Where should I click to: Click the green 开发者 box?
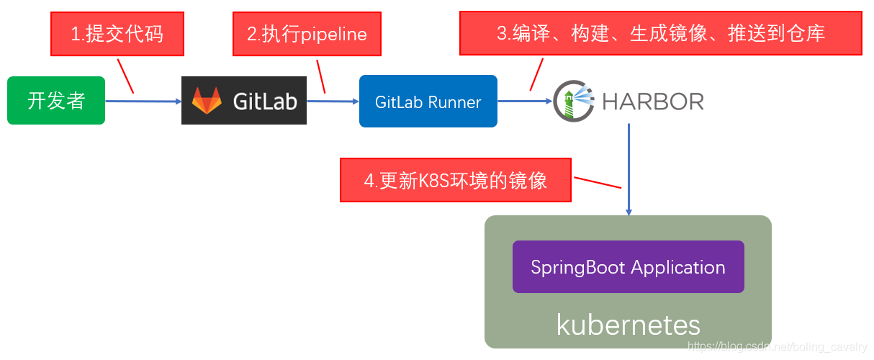coord(56,101)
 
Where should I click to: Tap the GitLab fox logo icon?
coord(207,102)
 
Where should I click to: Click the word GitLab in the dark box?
coord(265,102)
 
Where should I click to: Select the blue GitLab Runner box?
coord(428,102)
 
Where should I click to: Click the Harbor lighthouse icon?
coord(573,101)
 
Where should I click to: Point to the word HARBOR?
coord(652,102)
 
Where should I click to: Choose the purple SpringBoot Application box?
coord(628,267)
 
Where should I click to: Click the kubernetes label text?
coord(628,325)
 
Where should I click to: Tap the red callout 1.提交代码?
coord(117,34)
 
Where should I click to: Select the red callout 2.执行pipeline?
coord(307,34)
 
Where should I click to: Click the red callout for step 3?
coord(660,33)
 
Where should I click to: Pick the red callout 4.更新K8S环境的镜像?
coord(455,180)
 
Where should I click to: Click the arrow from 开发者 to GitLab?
coord(143,102)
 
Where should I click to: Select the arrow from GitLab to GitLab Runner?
coord(333,102)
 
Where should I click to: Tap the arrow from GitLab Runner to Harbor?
coord(525,102)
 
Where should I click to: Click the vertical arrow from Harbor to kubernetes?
coord(629,169)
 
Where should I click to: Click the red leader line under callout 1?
coord(125,75)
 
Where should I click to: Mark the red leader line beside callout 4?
coord(597,181)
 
